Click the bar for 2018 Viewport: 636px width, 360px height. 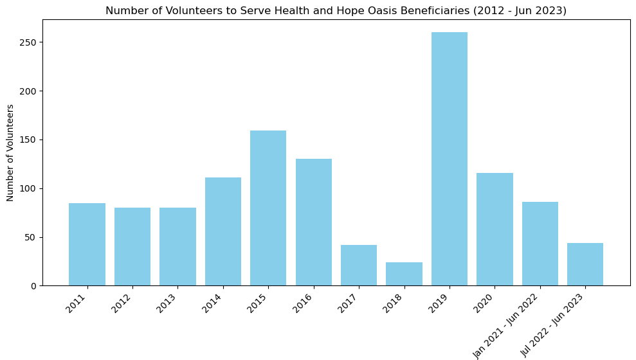click(x=404, y=274)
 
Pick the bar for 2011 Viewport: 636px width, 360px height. click(x=87, y=244)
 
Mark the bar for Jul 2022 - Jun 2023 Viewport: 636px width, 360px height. click(x=585, y=264)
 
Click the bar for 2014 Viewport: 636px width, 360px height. click(x=223, y=231)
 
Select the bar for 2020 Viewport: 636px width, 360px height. click(x=495, y=229)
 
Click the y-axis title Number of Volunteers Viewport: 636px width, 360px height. click(x=11, y=153)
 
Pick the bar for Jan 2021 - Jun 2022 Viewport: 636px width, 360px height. click(x=540, y=244)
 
